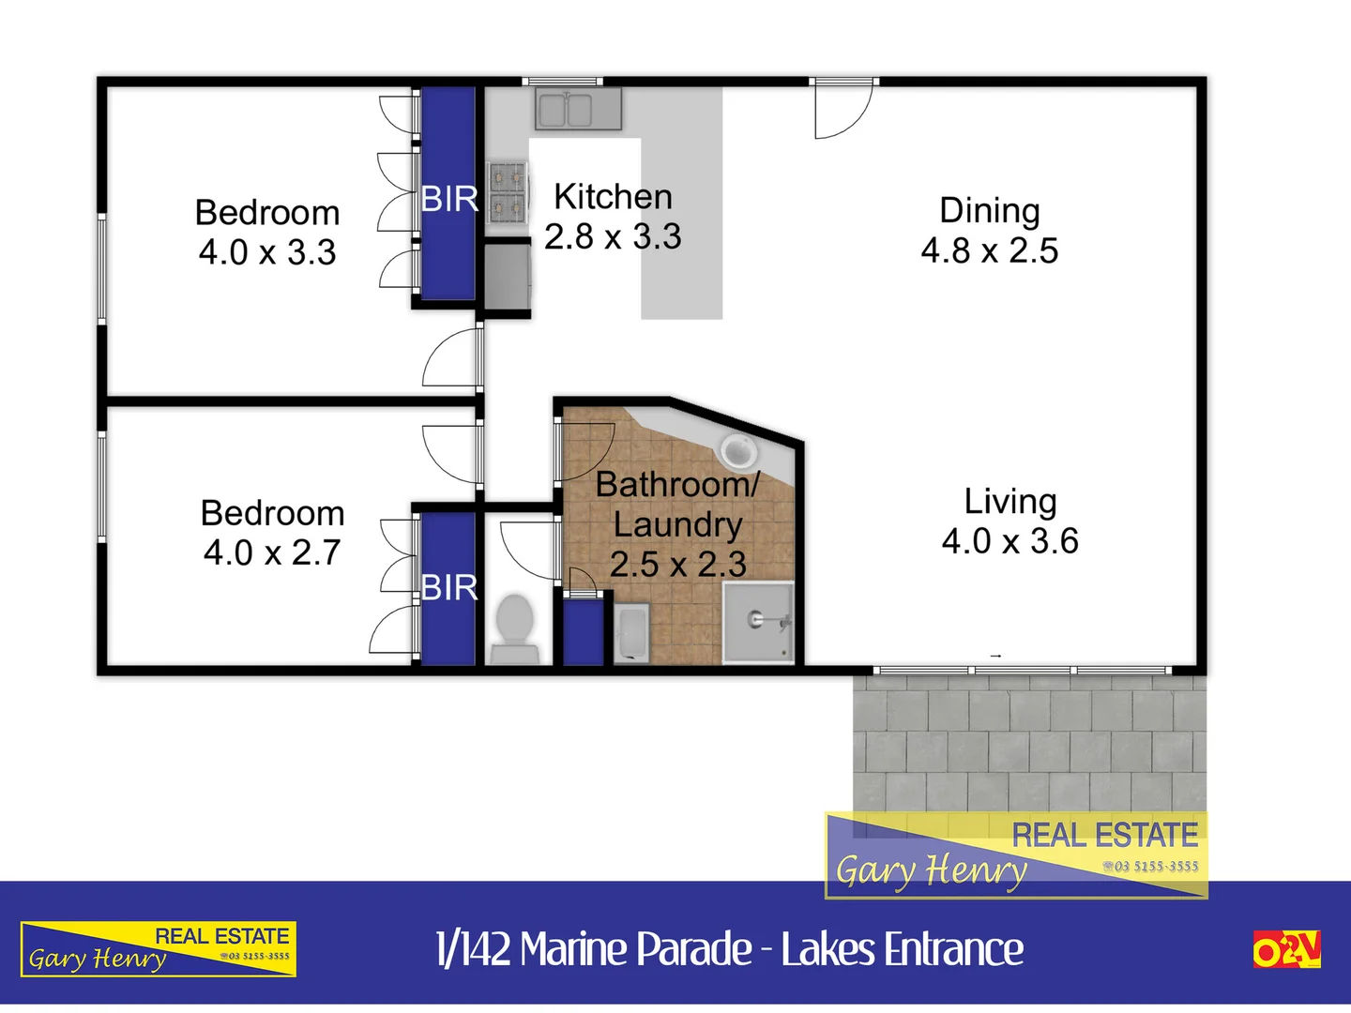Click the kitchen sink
(578, 109)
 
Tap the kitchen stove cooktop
(508, 191)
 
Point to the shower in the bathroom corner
(758, 621)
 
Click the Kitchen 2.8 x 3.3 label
(613, 217)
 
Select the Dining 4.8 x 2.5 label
(990, 231)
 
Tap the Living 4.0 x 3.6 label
(1010, 521)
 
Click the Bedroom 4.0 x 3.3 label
(267, 233)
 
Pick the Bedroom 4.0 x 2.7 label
(272, 533)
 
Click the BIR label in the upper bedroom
(449, 199)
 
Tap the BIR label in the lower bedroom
(449, 588)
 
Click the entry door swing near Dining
(842, 111)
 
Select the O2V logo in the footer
(1286, 949)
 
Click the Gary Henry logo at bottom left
(159, 949)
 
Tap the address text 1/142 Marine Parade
(593, 949)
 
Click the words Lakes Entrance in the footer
(902, 949)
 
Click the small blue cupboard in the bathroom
(583, 632)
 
